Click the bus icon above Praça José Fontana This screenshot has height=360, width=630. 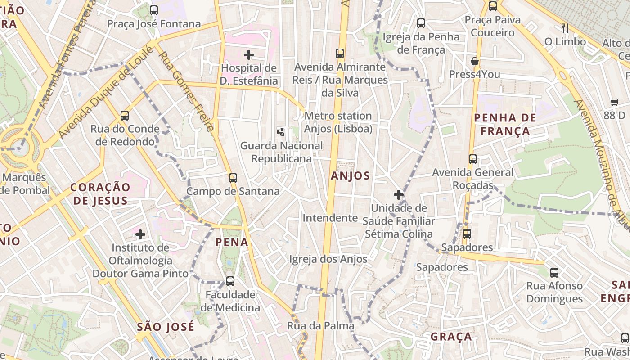pos(154,10)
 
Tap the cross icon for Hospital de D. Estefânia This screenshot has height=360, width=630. pos(248,55)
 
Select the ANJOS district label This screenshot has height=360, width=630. pos(350,176)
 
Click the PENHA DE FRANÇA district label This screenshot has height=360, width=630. pos(505,125)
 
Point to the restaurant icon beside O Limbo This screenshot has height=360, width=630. pos(565,29)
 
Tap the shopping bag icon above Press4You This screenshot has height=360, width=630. pos(474,61)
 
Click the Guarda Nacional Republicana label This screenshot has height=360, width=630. pos(281,152)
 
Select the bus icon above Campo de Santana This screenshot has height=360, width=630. pos(233,178)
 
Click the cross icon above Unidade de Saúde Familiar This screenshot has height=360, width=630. pos(398,195)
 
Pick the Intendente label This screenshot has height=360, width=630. pos(330,218)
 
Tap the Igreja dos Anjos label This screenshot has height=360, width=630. pos(328,259)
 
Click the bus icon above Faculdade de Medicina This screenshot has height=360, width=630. pos(230,281)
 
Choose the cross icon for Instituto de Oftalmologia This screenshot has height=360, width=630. pos(140,234)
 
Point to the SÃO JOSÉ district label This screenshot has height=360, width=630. pos(166,327)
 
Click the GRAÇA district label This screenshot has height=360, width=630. pos(451,337)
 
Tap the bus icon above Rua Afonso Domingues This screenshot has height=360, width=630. pos(554,272)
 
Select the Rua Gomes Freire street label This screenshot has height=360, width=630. pos(186,92)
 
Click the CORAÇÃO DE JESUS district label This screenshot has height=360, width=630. pos(100,194)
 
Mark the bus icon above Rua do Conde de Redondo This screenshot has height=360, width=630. pos(125,116)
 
